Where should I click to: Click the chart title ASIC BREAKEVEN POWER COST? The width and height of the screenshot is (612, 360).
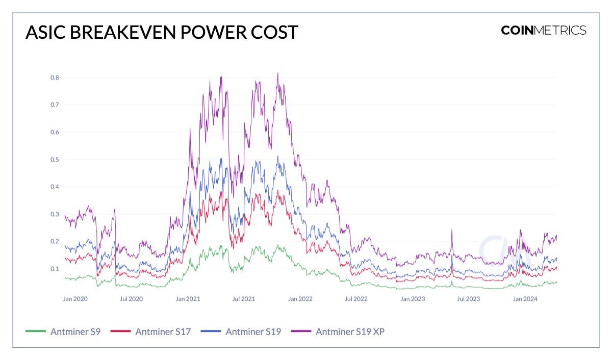[x=162, y=32]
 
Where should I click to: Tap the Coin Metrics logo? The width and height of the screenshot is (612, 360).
[x=544, y=30]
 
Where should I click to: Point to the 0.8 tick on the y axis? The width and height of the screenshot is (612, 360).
[x=54, y=78]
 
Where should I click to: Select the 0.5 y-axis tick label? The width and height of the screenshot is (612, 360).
[x=54, y=160]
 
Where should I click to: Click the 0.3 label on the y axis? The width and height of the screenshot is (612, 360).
[x=54, y=214]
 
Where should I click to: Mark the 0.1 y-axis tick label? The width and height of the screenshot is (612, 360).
[x=54, y=269]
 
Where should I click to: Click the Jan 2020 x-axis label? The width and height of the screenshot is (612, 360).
[x=75, y=299]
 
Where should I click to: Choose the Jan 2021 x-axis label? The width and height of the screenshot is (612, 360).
[x=188, y=299]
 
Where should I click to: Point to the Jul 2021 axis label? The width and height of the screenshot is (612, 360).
[x=244, y=299]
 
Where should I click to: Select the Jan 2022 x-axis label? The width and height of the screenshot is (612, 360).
[x=300, y=299]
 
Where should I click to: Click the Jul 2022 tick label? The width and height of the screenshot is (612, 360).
[x=356, y=299]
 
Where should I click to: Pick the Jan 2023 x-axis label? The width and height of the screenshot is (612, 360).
[x=413, y=299]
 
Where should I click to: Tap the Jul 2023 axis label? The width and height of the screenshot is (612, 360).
[x=468, y=299]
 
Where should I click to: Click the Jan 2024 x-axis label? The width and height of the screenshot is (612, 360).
[x=525, y=299]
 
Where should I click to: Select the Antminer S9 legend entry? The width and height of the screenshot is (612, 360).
[x=75, y=332]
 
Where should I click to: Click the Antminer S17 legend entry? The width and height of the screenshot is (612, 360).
[x=163, y=332]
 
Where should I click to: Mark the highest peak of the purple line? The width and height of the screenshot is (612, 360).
[x=277, y=73]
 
